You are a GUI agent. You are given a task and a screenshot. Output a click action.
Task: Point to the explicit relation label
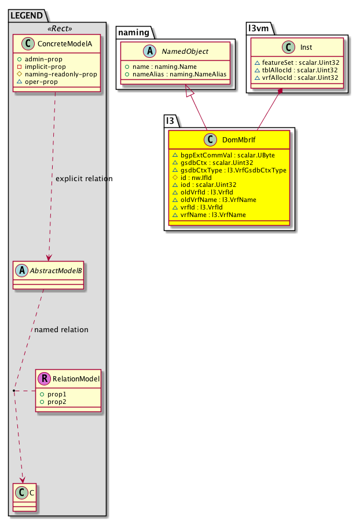pos(84,178)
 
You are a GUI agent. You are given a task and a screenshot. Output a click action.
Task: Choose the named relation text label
pos(61,330)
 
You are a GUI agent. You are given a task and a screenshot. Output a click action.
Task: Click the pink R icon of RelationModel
pos(45,379)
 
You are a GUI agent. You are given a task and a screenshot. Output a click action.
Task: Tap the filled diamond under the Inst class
pos(281,91)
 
